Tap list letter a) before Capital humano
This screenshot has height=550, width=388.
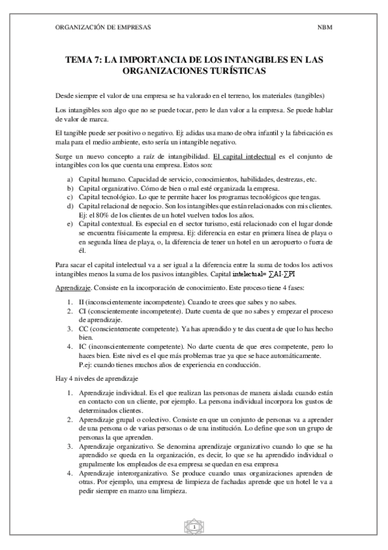click(71, 179)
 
